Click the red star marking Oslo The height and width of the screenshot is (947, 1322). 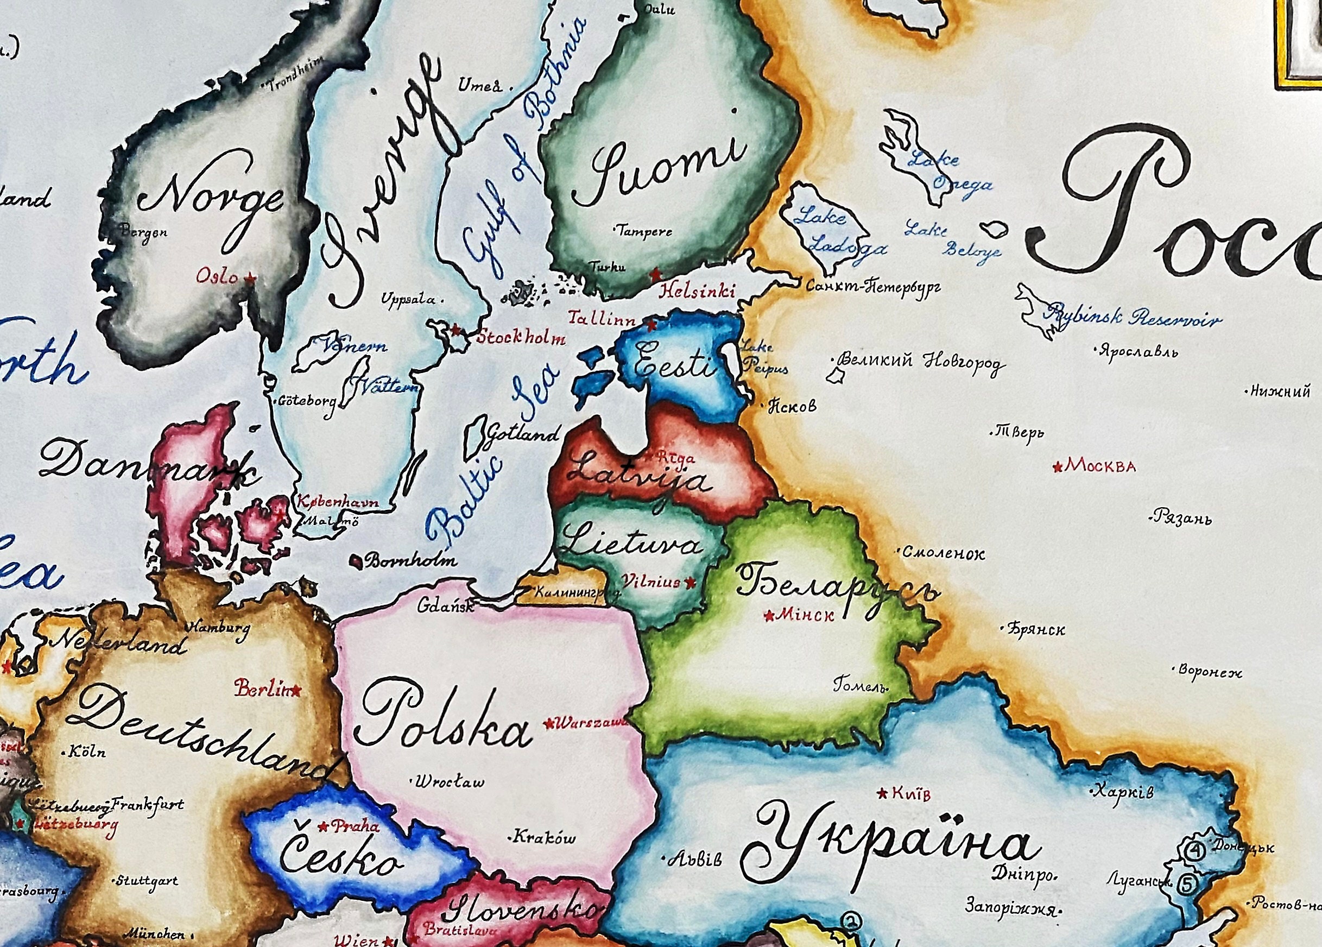tap(251, 278)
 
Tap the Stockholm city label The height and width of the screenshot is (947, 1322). tap(521, 338)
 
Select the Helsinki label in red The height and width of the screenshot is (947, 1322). tap(697, 291)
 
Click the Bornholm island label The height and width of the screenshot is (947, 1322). tap(410, 561)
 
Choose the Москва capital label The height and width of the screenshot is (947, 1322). tap(1100, 466)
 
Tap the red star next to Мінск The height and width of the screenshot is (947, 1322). tap(769, 615)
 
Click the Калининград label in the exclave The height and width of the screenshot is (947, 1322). tap(568, 593)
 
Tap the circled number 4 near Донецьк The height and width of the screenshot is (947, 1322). tap(1196, 851)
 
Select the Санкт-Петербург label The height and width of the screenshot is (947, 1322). tap(872, 286)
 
